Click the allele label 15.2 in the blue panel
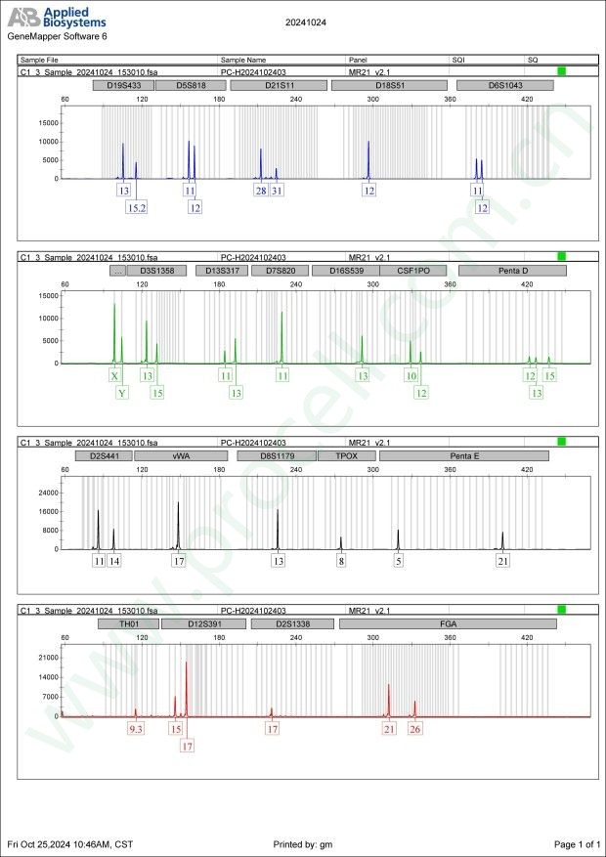pyautogui.click(x=137, y=207)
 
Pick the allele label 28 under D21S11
pyautogui.click(x=261, y=191)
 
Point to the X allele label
pyautogui.click(x=115, y=375)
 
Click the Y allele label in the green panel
pyautogui.click(x=122, y=393)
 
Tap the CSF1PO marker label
pyautogui.click(x=407, y=271)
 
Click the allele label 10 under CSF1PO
pyautogui.click(x=411, y=375)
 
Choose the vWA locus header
pyautogui.click(x=182, y=455)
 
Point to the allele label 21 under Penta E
pyautogui.click(x=503, y=561)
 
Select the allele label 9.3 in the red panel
pyautogui.click(x=136, y=728)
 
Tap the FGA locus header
pyautogui.click(x=448, y=623)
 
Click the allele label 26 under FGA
pyautogui.click(x=415, y=728)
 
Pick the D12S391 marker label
pyautogui.click(x=203, y=623)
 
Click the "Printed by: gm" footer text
pyautogui.click(x=302, y=843)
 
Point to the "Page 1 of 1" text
pyautogui.click(x=576, y=843)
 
